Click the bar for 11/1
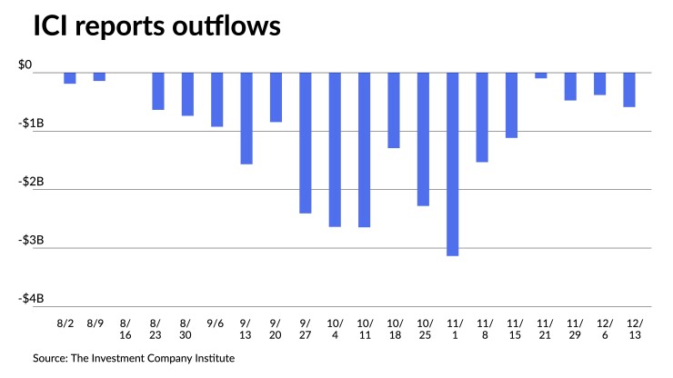(452, 164)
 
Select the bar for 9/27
(305, 143)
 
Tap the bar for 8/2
(70, 78)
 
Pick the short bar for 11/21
(541, 75)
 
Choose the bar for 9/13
(246, 118)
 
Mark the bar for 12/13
(629, 90)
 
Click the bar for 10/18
(394, 110)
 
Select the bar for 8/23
(158, 91)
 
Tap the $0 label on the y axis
(25, 65)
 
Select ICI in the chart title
(51, 28)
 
